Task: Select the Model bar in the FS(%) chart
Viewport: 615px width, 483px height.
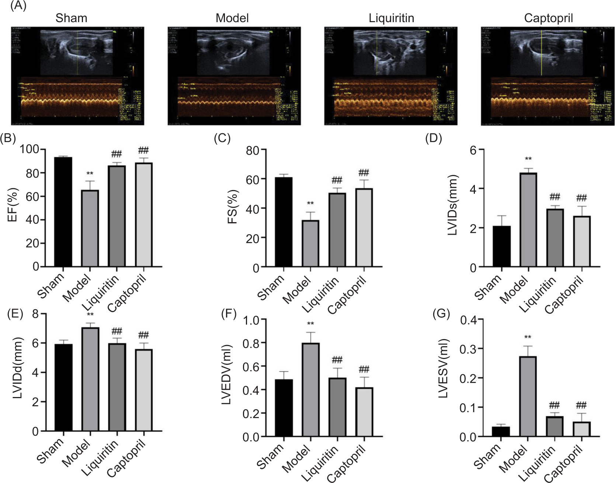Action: click(310, 243)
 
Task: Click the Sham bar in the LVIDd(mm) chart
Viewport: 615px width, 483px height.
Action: click(63, 387)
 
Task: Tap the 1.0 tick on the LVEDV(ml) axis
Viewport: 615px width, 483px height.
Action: click(251, 320)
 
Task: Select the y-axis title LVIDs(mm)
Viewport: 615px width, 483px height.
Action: click(453, 205)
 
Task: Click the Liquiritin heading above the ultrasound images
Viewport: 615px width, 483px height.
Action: click(391, 18)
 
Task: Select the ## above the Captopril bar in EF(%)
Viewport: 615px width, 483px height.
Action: click(143, 151)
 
